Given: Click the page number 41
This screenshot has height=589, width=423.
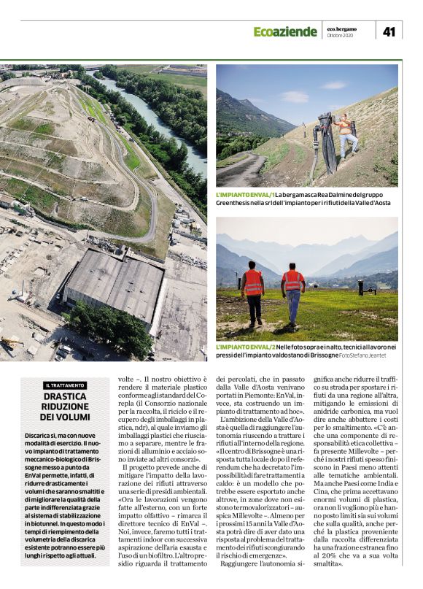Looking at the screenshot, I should (x=389, y=31).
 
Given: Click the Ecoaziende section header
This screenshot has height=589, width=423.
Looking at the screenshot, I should (x=285, y=31).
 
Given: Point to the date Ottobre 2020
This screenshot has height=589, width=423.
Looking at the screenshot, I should (x=340, y=35).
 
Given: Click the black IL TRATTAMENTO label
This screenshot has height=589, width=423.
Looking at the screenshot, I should (x=65, y=385).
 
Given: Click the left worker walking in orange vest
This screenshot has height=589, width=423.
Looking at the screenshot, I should (x=253, y=292).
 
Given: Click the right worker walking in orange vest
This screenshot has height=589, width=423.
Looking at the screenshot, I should (x=292, y=292).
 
